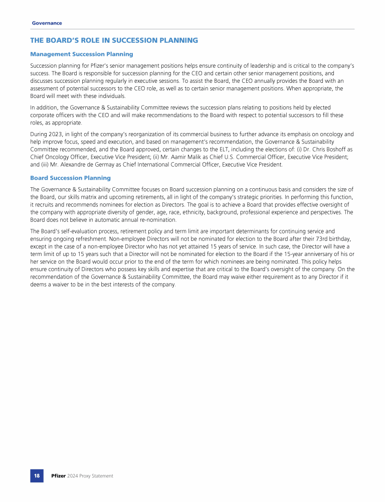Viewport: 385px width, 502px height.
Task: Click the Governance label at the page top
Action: [x=47, y=23]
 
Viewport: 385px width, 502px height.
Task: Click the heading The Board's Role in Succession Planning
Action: [x=114, y=40]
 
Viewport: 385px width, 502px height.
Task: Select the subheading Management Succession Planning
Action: [x=81, y=54]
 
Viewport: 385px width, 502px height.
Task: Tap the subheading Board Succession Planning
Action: [x=70, y=178]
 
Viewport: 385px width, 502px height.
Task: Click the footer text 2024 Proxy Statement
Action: [x=90, y=475]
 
